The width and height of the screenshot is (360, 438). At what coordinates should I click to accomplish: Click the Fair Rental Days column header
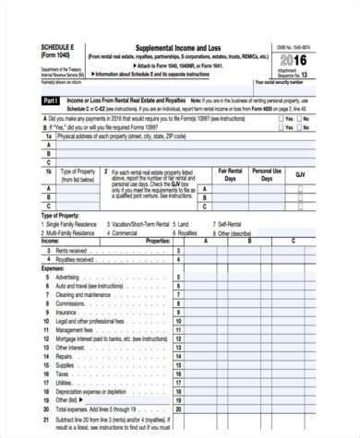coord(232,174)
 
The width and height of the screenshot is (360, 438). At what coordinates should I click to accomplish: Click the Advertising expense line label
coord(67,277)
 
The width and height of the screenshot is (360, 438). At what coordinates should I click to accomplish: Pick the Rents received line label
coord(73,250)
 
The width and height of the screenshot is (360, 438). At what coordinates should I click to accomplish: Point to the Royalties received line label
coord(77,259)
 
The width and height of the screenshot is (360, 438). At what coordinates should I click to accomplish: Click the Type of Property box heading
coord(79,175)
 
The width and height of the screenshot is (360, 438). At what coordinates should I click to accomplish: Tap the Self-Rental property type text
coord(231,224)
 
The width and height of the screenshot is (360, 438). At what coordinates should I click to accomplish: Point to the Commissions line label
coord(70,302)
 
